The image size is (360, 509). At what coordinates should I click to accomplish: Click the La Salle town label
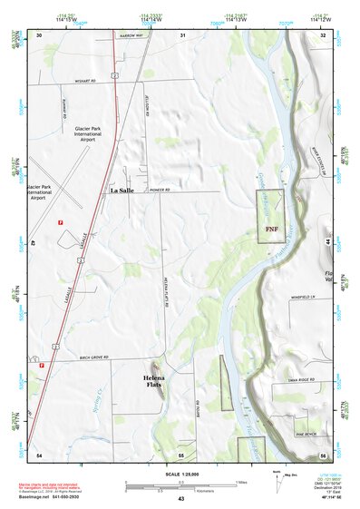point(126,191)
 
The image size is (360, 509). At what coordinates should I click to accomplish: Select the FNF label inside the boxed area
point(271,230)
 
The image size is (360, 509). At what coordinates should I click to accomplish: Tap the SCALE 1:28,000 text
point(181,472)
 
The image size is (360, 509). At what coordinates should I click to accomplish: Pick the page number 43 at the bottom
point(181,499)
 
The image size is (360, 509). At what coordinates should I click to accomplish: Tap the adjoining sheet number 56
point(323,453)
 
